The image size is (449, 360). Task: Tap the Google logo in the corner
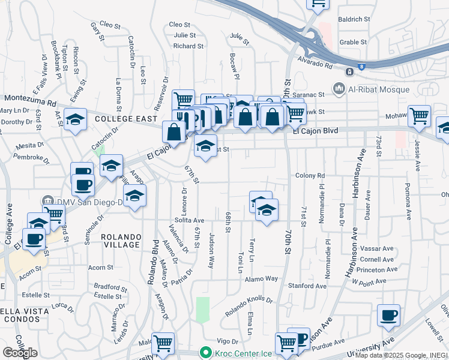[x=20, y=352]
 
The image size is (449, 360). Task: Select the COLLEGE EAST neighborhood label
[x=125, y=119]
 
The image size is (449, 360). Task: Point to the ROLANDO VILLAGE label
[x=120, y=240]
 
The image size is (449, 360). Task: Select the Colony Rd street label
[x=310, y=176]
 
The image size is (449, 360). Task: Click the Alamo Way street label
[x=264, y=278]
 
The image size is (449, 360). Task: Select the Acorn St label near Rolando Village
[x=100, y=267]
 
